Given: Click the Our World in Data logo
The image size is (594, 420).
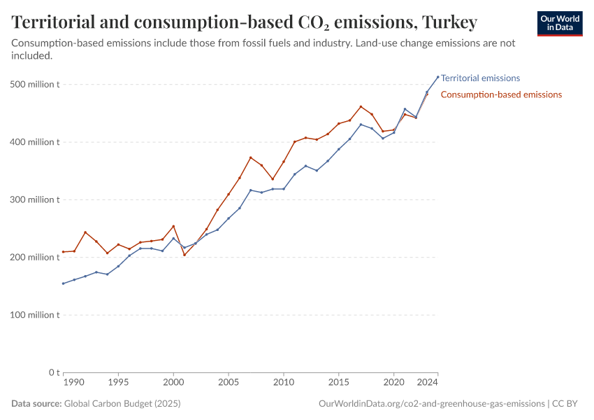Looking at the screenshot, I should pyautogui.click(x=559, y=23).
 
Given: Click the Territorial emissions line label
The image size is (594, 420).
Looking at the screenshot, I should pyautogui.click(x=480, y=78).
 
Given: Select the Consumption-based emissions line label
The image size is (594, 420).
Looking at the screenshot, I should pyautogui.click(x=501, y=94).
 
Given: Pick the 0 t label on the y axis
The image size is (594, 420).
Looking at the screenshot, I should pyautogui.click(x=52, y=372).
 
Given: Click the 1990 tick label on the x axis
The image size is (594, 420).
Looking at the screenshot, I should pyautogui.click(x=73, y=383).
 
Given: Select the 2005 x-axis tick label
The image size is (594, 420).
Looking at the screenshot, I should pyautogui.click(x=229, y=383).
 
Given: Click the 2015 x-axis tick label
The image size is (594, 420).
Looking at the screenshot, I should pyautogui.click(x=339, y=383).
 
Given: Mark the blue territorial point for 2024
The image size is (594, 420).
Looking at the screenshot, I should pyautogui.click(x=438, y=77).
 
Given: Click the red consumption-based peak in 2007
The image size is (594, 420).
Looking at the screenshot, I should pyautogui.click(x=250, y=157).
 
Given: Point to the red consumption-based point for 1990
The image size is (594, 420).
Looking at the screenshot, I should pyautogui.click(x=63, y=252).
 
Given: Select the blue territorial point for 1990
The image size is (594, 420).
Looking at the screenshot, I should pyautogui.click(x=63, y=283).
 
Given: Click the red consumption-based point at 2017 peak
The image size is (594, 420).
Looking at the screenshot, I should pyautogui.click(x=361, y=107).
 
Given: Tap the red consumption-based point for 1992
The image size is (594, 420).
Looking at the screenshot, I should pyautogui.click(x=85, y=232).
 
